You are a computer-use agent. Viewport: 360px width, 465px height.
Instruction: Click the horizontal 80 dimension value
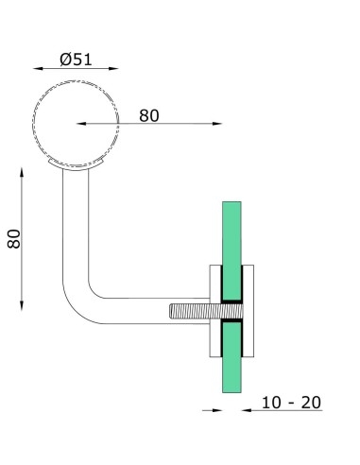point(148,115)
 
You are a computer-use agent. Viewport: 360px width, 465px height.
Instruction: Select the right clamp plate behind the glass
point(249,312)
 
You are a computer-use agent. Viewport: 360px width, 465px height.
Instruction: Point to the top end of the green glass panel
point(232,206)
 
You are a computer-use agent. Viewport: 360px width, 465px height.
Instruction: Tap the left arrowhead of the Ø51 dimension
point(35,69)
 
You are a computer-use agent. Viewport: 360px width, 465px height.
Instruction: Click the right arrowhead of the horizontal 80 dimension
point(222,123)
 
